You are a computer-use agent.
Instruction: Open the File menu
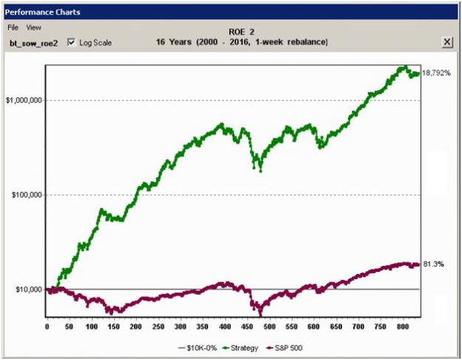(x=13, y=27)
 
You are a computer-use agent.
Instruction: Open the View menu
(x=34, y=27)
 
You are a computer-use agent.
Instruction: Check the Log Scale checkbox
(x=71, y=42)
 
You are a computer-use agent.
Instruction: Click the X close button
(x=447, y=42)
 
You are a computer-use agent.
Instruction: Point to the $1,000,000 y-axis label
(x=22, y=100)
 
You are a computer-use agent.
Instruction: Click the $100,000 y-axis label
(x=24, y=195)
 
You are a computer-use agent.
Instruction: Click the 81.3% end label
(x=430, y=264)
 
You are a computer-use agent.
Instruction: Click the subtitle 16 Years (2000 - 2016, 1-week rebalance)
(x=241, y=41)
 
